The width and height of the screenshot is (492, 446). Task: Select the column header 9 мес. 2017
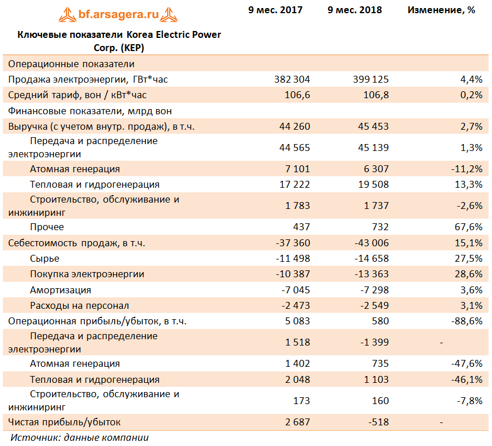coord(275,10)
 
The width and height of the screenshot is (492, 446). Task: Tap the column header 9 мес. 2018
coord(355,10)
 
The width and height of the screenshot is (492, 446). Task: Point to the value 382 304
coord(292,79)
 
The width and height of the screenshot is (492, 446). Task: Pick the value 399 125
coord(371,79)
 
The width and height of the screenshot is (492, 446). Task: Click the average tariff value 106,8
coord(376,95)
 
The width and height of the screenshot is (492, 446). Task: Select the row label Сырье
coord(44,259)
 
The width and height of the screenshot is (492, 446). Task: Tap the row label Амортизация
coord(60,290)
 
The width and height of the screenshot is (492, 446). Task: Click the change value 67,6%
coord(468,227)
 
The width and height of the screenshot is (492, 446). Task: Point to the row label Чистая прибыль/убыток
coord(64,422)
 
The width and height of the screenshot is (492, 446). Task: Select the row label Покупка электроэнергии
coord(87,274)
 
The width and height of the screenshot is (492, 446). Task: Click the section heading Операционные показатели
coord(71,64)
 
